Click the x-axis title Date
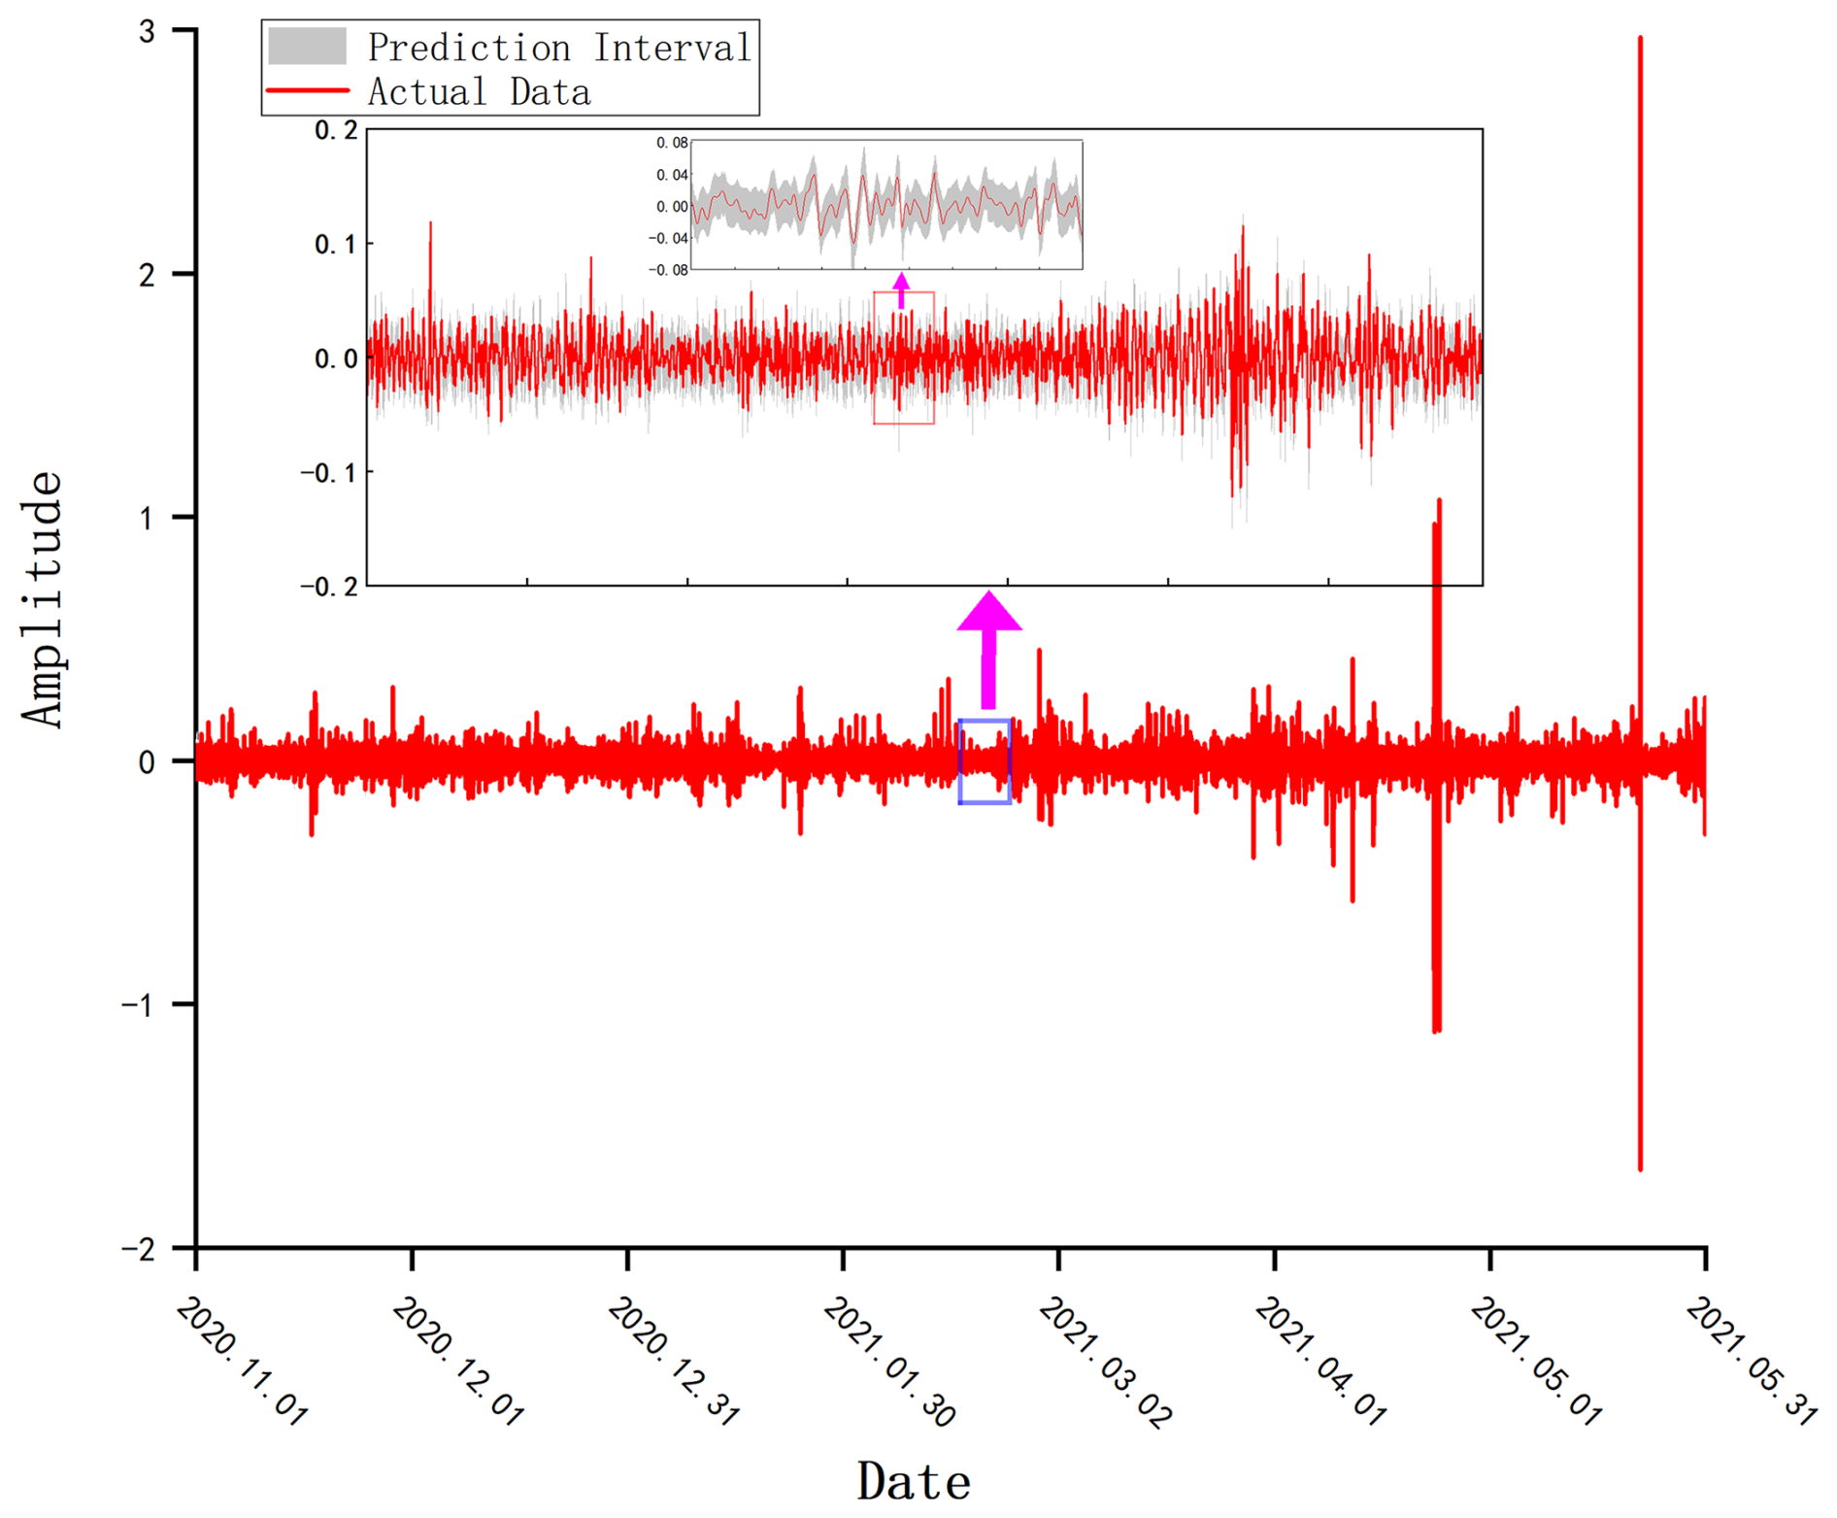[913, 1482]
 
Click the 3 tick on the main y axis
[147, 32]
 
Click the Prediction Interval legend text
[559, 48]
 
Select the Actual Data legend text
[479, 92]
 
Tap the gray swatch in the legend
[307, 47]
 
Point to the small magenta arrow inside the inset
[901, 289]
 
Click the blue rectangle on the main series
[985, 761]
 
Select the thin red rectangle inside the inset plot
[904, 357]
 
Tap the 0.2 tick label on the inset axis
[336, 130]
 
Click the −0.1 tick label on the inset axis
[328, 473]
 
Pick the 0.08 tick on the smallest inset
[671, 143]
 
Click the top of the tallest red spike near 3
[1640, 39]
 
